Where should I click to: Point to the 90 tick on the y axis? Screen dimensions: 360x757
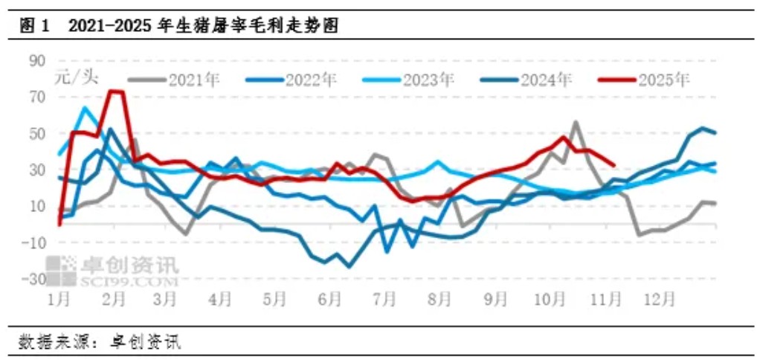point(38,60)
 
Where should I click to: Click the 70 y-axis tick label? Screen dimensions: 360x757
point(38,97)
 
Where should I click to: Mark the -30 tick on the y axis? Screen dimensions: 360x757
point(35,279)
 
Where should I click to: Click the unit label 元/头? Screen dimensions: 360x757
point(77,76)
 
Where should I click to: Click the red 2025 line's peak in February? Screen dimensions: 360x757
point(115,91)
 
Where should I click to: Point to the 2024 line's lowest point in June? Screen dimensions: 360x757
point(349,266)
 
